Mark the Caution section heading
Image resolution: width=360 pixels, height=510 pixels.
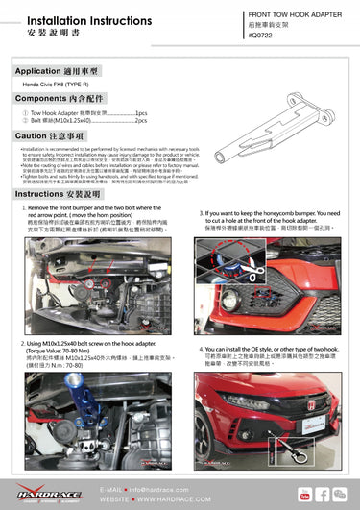[47, 136]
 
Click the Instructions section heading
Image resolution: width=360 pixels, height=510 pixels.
[52, 193]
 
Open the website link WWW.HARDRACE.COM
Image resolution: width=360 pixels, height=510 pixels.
[160, 499]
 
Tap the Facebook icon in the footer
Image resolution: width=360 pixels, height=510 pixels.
[322, 494]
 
